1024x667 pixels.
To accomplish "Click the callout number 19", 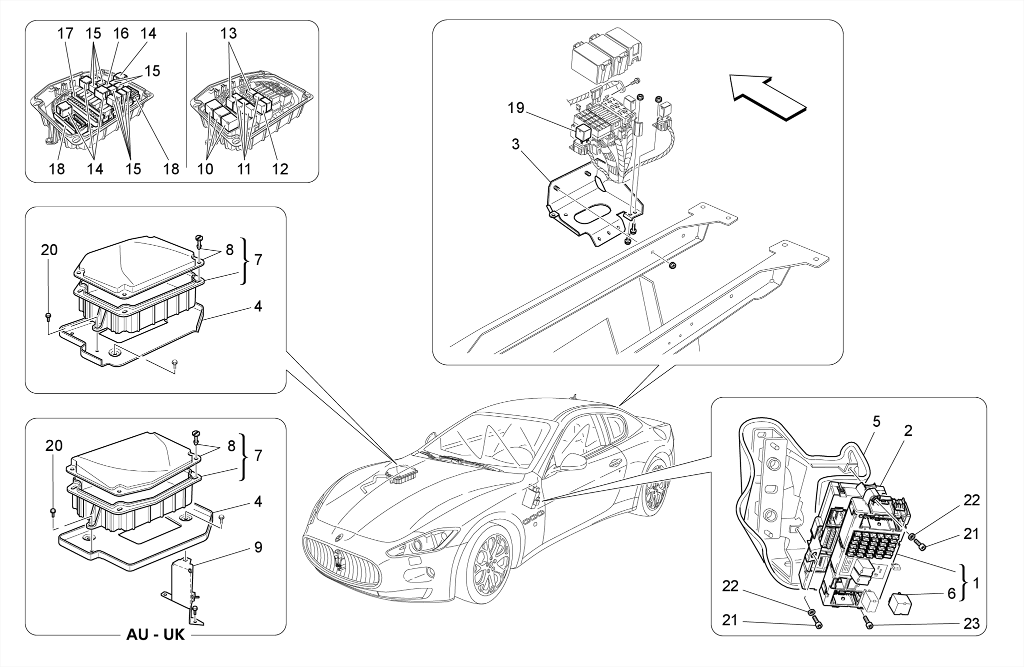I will pyautogui.click(x=516, y=108).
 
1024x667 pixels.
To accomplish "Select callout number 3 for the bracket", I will pyautogui.click(x=515, y=145).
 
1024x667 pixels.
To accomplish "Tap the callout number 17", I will pyautogui.click(x=65, y=34).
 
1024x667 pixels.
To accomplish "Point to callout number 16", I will pyautogui.click(x=120, y=34).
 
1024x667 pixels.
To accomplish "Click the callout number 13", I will pyautogui.click(x=228, y=34).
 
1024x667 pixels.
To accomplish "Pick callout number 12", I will pyautogui.click(x=280, y=169).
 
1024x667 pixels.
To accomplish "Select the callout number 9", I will pyautogui.click(x=258, y=547).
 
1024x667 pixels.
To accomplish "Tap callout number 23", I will pyautogui.click(x=970, y=623).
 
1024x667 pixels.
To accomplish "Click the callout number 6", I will pyautogui.click(x=951, y=593).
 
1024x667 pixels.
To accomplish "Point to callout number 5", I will pyautogui.click(x=876, y=422).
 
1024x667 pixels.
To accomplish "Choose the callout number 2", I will pyautogui.click(x=908, y=430).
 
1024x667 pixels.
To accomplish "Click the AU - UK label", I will pyautogui.click(x=155, y=635).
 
